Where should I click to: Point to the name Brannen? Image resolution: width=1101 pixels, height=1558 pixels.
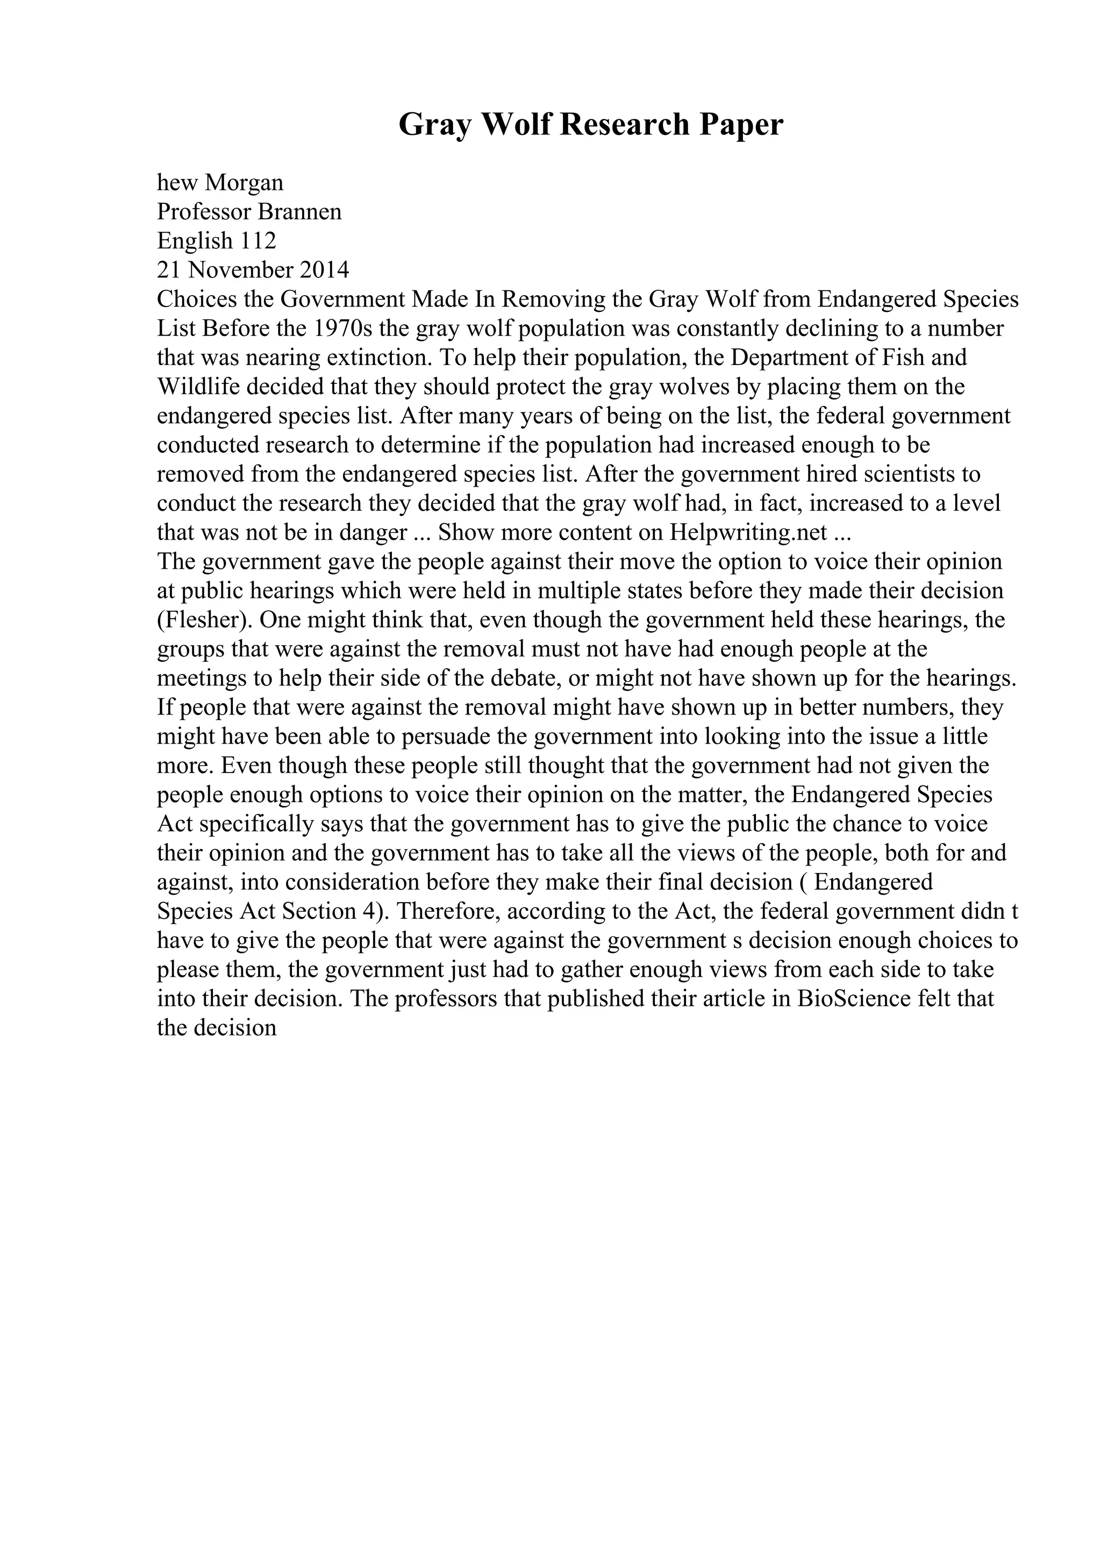[301, 212]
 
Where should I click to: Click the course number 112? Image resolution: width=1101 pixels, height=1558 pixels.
[258, 241]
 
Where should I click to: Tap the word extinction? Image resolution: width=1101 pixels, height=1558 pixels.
[383, 358]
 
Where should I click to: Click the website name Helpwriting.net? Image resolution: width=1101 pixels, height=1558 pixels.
[748, 532]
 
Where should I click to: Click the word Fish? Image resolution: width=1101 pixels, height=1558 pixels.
[893, 358]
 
